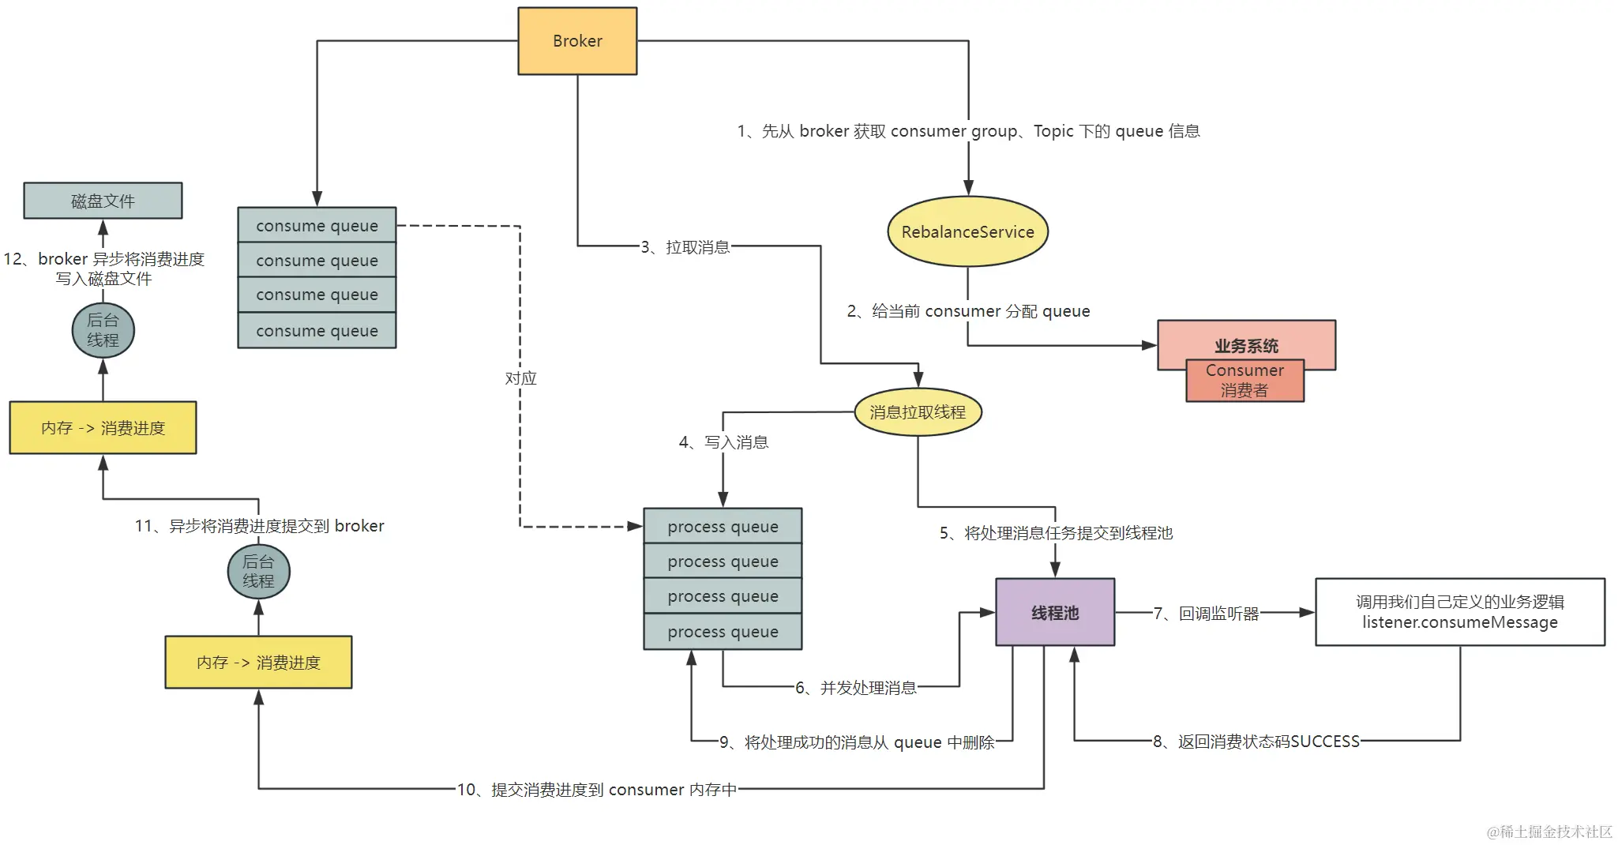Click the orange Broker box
click(x=577, y=41)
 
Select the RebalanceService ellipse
click(x=967, y=231)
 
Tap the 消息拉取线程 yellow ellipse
click(x=918, y=411)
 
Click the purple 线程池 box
click(x=1055, y=612)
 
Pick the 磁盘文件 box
click(x=103, y=201)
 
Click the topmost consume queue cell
click(x=317, y=225)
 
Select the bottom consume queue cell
click(x=317, y=330)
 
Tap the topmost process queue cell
click(x=723, y=526)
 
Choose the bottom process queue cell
click(x=723, y=631)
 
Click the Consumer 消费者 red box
click(x=1244, y=381)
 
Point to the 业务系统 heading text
click(x=1246, y=345)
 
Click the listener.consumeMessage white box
click(x=1459, y=612)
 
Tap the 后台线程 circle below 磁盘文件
click(x=103, y=330)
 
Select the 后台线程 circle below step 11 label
click(x=258, y=571)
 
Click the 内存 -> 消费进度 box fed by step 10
click(x=258, y=662)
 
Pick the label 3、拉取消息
click(x=685, y=247)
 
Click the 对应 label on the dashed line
click(x=520, y=378)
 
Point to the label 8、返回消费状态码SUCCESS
click(x=1256, y=741)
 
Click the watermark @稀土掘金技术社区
click(x=1549, y=832)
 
